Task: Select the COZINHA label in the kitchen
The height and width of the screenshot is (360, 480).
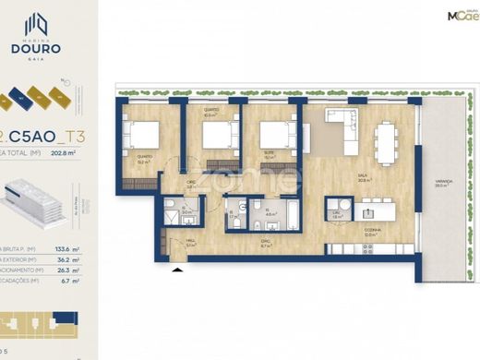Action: pyautogui.click(x=369, y=233)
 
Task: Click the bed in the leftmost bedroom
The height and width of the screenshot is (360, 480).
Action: pyautogui.click(x=144, y=138)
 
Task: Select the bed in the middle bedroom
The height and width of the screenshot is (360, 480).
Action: pyautogui.click(x=216, y=137)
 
